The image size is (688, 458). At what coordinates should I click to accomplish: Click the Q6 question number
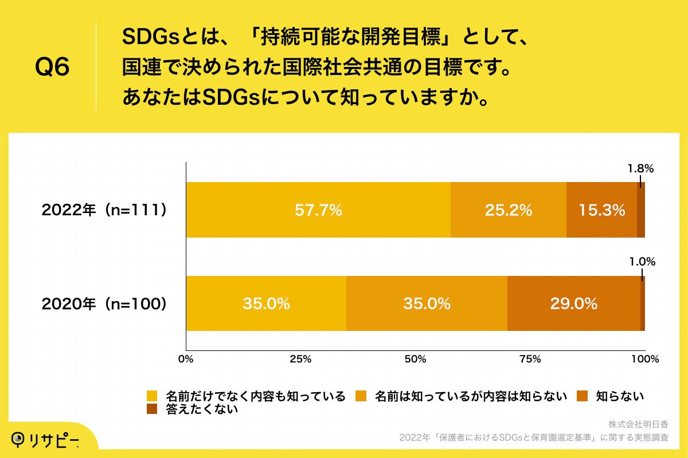(x=52, y=68)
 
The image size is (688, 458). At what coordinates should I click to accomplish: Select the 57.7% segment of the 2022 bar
(x=318, y=210)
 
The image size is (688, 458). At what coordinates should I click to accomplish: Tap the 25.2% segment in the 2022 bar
(x=509, y=210)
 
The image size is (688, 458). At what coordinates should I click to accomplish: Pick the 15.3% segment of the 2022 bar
(x=601, y=210)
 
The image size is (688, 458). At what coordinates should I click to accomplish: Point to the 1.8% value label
(x=640, y=169)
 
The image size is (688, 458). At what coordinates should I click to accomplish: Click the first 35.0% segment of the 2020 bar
(x=266, y=303)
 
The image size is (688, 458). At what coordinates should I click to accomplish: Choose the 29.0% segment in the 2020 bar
(x=574, y=303)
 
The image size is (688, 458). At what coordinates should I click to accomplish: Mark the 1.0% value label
(x=642, y=262)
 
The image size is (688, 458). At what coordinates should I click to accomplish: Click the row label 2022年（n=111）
(x=104, y=210)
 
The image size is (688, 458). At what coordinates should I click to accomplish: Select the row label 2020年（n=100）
(x=104, y=303)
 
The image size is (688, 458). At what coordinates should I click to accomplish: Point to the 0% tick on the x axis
(x=186, y=360)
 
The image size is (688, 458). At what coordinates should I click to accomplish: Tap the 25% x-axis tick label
(x=300, y=360)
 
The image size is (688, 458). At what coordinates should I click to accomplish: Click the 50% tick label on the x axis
(x=415, y=360)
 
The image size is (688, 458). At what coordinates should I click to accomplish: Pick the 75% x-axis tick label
(x=530, y=360)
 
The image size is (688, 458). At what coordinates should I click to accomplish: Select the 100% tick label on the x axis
(x=644, y=360)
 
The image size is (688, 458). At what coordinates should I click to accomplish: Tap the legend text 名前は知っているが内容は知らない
(x=470, y=396)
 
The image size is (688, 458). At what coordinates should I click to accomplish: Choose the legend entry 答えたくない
(x=201, y=409)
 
